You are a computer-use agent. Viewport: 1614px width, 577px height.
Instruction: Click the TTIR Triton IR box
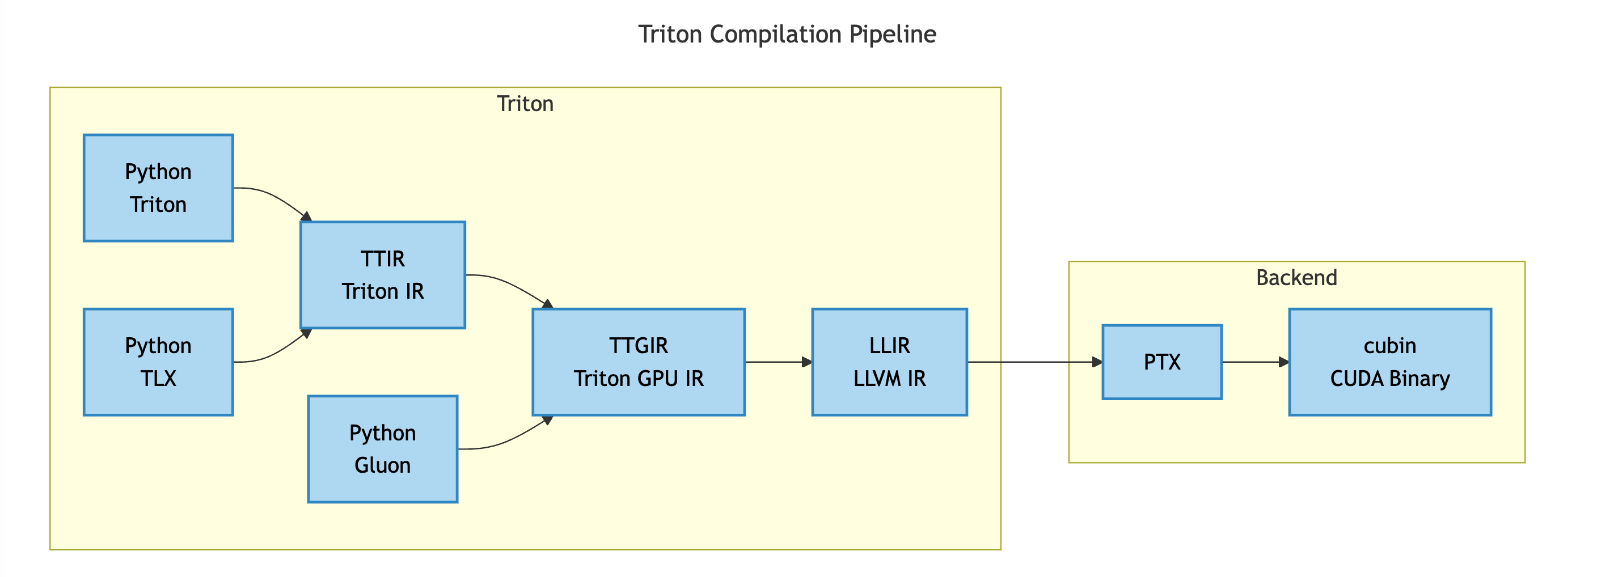tap(382, 274)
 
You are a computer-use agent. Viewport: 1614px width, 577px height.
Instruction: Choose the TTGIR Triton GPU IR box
tap(638, 362)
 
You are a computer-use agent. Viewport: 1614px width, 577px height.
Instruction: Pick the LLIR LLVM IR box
tap(889, 362)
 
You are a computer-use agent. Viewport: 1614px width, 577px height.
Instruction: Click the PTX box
tap(1161, 362)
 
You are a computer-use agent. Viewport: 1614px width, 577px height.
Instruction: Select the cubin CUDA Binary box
tap(1389, 362)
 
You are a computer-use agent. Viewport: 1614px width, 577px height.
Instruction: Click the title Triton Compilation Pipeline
tap(787, 34)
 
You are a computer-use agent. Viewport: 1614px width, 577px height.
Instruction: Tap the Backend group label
tap(1296, 278)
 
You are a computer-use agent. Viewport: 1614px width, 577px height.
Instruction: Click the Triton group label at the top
tap(525, 103)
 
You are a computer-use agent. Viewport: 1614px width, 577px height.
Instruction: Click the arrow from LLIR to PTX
tap(1034, 362)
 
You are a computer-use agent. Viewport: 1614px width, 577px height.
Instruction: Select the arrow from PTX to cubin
tap(1254, 362)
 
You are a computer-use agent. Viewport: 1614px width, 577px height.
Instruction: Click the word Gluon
tap(382, 465)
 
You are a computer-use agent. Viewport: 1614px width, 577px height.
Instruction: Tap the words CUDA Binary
tap(1389, 379)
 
